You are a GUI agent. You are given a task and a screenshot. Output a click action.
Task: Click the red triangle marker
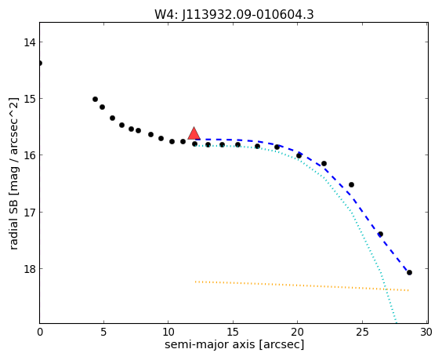tap(194, 134)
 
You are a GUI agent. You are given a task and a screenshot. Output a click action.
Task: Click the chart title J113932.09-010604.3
tap(248, 15)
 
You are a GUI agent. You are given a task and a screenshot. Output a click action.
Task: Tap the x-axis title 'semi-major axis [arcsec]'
tap(234, 344)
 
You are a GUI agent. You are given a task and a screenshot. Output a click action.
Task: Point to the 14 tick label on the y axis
tap(30, 42)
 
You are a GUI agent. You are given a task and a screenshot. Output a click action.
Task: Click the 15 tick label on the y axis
tap(30, 99)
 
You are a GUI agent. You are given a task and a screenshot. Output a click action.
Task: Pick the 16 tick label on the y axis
tap(30, 155)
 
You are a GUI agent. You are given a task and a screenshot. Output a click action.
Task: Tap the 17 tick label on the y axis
tap(30, 213)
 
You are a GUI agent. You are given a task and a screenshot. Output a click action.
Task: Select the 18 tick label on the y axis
tap(30, 269)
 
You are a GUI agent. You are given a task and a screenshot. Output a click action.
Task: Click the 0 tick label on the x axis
tap(40, 333)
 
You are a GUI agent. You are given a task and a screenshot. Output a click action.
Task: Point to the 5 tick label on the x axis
tap(104, 333)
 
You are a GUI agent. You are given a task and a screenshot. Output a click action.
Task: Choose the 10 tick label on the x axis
tap(168, 333)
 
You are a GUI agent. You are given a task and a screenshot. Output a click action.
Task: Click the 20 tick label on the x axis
tap(297, 333)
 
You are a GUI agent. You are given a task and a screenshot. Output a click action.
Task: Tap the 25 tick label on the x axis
tap(362, 333)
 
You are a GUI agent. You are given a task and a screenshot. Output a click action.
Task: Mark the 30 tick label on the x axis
tap(426, 333)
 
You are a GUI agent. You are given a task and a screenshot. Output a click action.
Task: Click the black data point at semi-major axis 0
tap(40, 63)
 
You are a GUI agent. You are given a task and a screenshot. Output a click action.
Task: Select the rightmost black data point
tap(409, 272)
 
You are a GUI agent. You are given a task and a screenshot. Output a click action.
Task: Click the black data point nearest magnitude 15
tap(96, 100)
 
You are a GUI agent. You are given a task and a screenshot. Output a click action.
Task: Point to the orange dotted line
tap(302, 285)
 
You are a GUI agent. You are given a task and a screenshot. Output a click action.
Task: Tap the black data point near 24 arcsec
tap(352, 185)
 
